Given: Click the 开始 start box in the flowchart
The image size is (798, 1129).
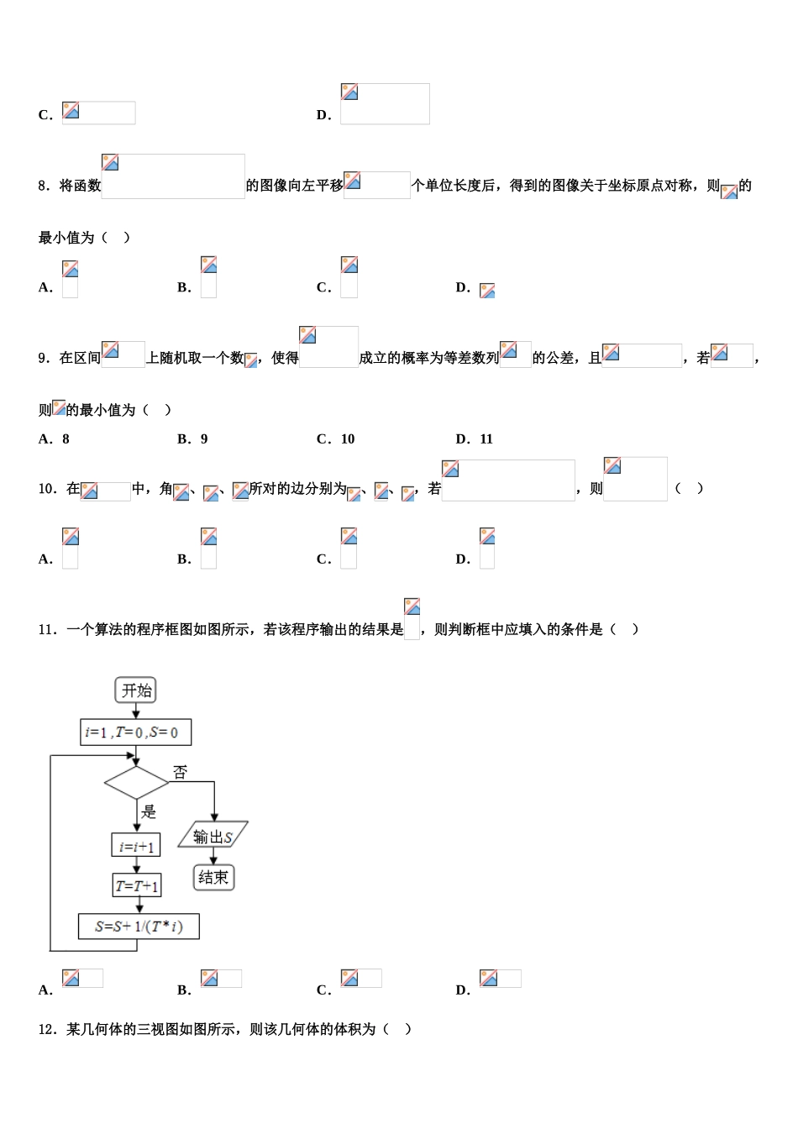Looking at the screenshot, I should click(136, 691).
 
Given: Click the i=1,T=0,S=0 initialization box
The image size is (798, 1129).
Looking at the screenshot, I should click(136, 733).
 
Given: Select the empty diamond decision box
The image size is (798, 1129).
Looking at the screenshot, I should click(137, 783).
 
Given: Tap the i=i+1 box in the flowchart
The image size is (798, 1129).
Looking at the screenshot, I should click(136, 846).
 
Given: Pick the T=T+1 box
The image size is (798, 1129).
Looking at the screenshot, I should click(137, 885).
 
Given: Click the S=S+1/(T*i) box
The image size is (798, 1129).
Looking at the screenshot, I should click(139, 927).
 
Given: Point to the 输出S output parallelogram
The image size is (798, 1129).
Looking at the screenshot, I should click(213, 836).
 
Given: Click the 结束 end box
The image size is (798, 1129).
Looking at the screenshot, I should click(213, 878).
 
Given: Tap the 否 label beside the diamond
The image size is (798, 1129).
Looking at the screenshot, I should click(180, 771).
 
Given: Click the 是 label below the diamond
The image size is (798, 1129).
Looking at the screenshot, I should click(149, 811).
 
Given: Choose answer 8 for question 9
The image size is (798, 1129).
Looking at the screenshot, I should click(66, 439).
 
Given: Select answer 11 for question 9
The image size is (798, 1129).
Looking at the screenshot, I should click(486, 439).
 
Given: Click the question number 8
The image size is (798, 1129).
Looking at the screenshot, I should click(44, 186).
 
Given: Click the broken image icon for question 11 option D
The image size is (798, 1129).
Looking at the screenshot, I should click(489, 978).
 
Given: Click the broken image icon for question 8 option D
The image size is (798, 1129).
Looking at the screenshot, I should click(487, 291).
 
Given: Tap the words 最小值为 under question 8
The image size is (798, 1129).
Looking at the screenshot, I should click(66, 239).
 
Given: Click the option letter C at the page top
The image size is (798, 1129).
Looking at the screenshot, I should click(45, 116).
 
